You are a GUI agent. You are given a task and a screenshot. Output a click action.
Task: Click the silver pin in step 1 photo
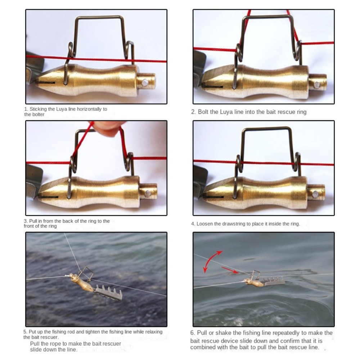145,83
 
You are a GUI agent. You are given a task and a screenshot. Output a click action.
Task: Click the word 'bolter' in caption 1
35,114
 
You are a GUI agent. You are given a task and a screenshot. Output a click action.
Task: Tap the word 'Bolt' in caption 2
203,112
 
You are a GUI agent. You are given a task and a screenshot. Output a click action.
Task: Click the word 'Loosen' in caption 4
204,224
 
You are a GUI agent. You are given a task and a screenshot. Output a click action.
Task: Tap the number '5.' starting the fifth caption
26,332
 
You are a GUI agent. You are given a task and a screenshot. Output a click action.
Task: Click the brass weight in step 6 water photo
254,283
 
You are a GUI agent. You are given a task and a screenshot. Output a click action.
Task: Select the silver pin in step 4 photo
315,194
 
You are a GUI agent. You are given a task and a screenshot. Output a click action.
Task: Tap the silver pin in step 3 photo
148,194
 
